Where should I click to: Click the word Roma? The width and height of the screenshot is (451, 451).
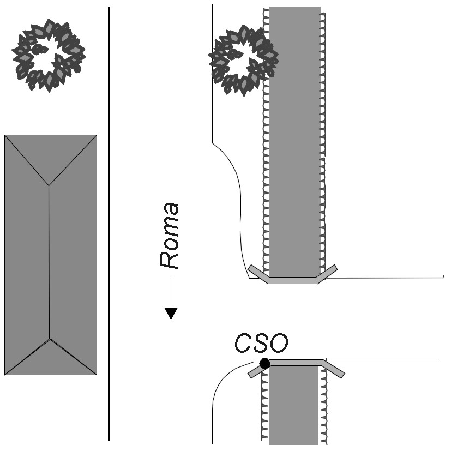[170, 236]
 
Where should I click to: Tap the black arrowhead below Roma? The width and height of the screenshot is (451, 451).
[171, 313]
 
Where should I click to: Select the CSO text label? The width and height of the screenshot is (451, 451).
[261, 343]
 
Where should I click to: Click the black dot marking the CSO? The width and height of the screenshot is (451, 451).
[264, 363]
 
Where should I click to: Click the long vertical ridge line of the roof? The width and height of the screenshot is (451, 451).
[50, 262]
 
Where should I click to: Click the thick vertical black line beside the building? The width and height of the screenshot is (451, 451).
[109, 224]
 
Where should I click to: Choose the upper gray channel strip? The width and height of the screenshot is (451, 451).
[295, 136]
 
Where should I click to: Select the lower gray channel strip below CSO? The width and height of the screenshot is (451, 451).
[293, 406]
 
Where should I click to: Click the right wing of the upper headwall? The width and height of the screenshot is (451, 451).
[327, 273]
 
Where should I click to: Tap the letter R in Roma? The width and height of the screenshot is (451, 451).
[170, 260]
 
